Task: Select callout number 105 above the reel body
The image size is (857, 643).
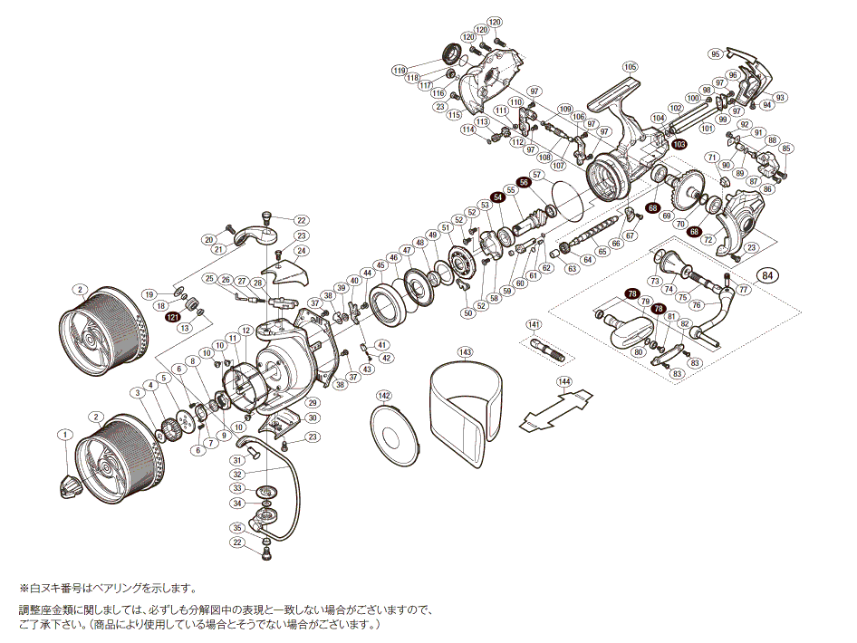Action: [x=631, y=66]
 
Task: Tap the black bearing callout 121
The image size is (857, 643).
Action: [x=172, y=318]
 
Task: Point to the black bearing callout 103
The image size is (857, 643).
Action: [x=679, y=144]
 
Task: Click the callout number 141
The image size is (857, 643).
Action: [x=534, y=324]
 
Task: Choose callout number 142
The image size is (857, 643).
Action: [x=383, y=396]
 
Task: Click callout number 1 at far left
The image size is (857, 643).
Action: [x=64, y=434]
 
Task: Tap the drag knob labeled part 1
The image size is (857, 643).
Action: [x=70, y=486]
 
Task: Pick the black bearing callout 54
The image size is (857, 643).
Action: [x=497, y=197]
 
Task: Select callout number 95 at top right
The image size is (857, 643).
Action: [x=716, y=53]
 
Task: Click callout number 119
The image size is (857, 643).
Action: [x=400, y=70]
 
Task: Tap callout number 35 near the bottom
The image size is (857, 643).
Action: [x=236, y=527]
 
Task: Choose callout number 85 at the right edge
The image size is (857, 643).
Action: [x=786, y=149]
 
